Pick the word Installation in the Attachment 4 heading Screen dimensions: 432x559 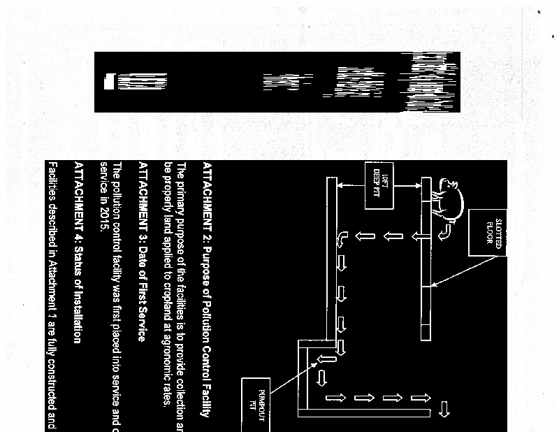coord(79,308)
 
